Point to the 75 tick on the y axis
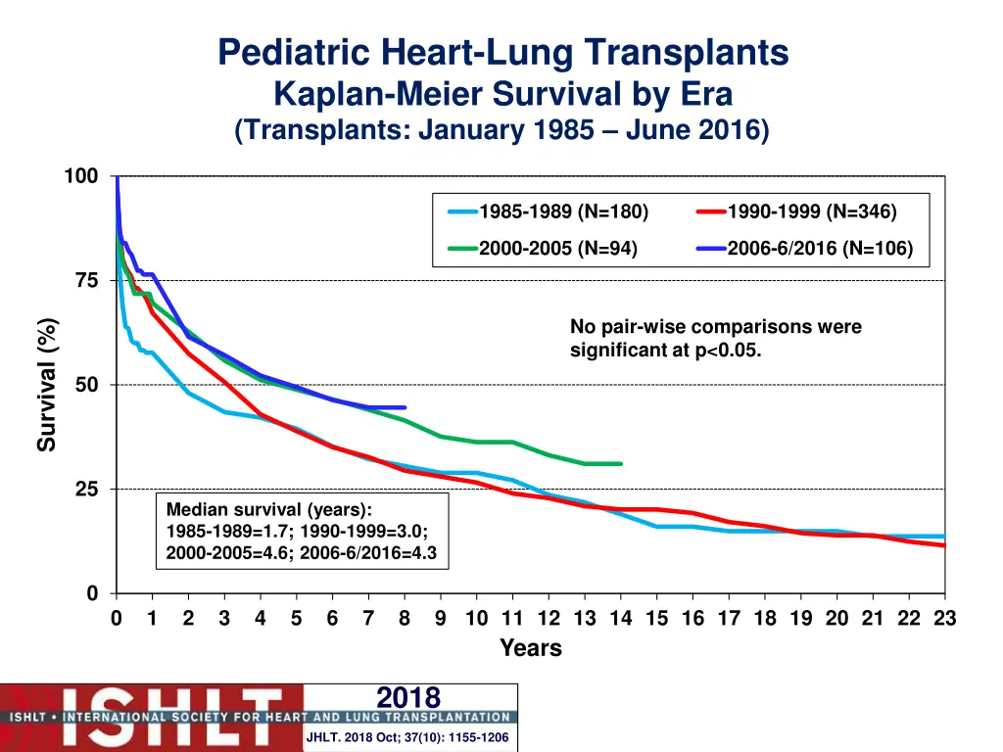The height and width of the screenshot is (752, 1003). (x=87, y=281)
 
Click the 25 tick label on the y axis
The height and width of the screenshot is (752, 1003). (x=87, y=490)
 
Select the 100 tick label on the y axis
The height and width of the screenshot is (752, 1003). (x=81, y=176)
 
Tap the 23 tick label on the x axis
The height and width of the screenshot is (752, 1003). (x=945, y=619)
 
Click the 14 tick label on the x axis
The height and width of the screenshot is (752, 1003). (x=621, y=619)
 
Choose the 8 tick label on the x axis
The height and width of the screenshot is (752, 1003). (x=405, y=619)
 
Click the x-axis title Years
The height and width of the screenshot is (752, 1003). (x=531, y=648)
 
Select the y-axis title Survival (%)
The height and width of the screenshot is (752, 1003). (x=47, y=385)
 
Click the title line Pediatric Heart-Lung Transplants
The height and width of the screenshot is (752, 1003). (x=502, y=52)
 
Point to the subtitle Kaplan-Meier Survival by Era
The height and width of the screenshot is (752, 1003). (x=502, y=94)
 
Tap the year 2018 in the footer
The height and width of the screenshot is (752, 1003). (x=408, y=697)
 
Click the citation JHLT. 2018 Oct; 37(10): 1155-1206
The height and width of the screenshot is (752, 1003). (x=407, y=737)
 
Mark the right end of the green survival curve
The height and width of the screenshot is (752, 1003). (x=621, y=464)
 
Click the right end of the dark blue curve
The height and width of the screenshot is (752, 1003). (x=405, y=407)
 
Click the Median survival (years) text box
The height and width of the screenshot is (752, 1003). (x=302, y=532)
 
